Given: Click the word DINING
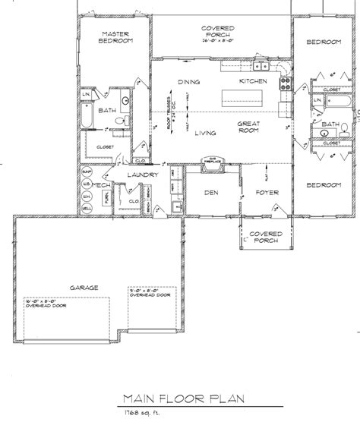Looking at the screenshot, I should click(x=188, y=80).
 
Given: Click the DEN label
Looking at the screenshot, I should click(x=212, y=193).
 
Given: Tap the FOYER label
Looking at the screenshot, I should click(x=264, y=193).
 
